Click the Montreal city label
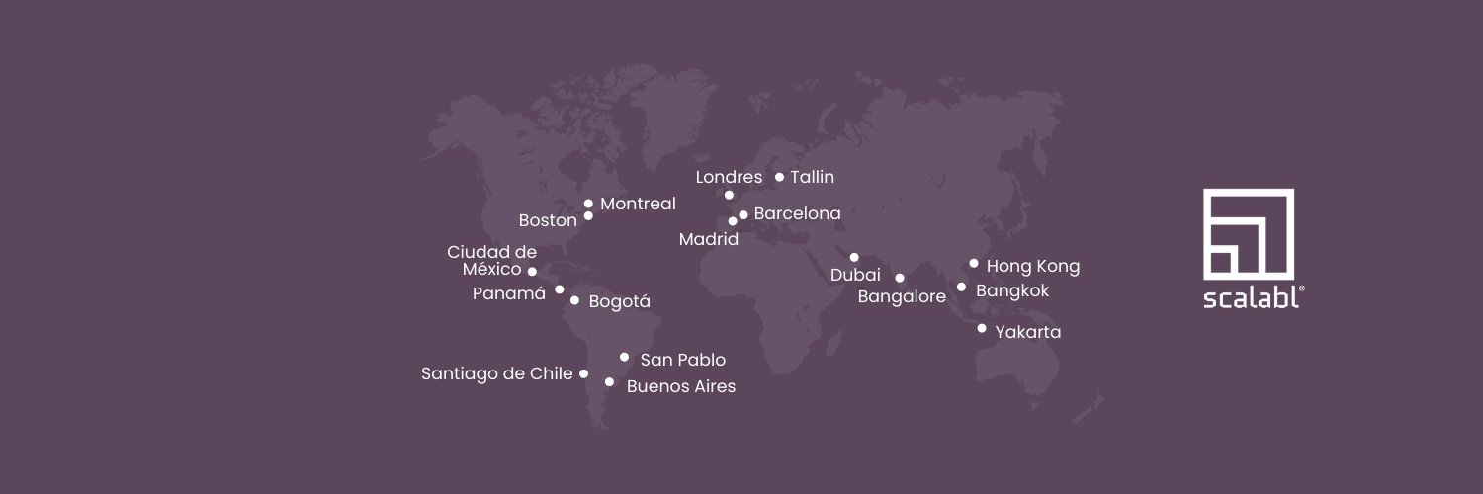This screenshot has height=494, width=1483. (638, 204)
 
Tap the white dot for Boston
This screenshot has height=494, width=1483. (588, 215)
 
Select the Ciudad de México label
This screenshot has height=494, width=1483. (492, 261)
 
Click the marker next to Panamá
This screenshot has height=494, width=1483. (560, 289)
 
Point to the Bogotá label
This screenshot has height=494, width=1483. (619, 301)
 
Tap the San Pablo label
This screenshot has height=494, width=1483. (682, 360)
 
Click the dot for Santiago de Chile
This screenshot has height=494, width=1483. (583, 373)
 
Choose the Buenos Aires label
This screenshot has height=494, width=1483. (681, 386)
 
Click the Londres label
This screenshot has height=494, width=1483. (729, 178)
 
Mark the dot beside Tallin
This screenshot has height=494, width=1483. (779, 177)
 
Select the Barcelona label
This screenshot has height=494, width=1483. (797, 213)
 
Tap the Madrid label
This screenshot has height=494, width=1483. (709, 239)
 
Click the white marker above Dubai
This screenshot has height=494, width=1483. (854, 257)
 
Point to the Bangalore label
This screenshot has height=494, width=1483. (902, 296)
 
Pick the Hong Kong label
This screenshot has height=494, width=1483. (1033, 266)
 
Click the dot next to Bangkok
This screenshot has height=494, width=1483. (961, 288)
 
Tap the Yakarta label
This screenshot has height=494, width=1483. (1028, 332)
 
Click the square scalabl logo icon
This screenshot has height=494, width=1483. (1249, 233)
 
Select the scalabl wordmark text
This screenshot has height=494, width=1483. (1251, 298)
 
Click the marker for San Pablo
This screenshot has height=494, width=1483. (624, 357)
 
